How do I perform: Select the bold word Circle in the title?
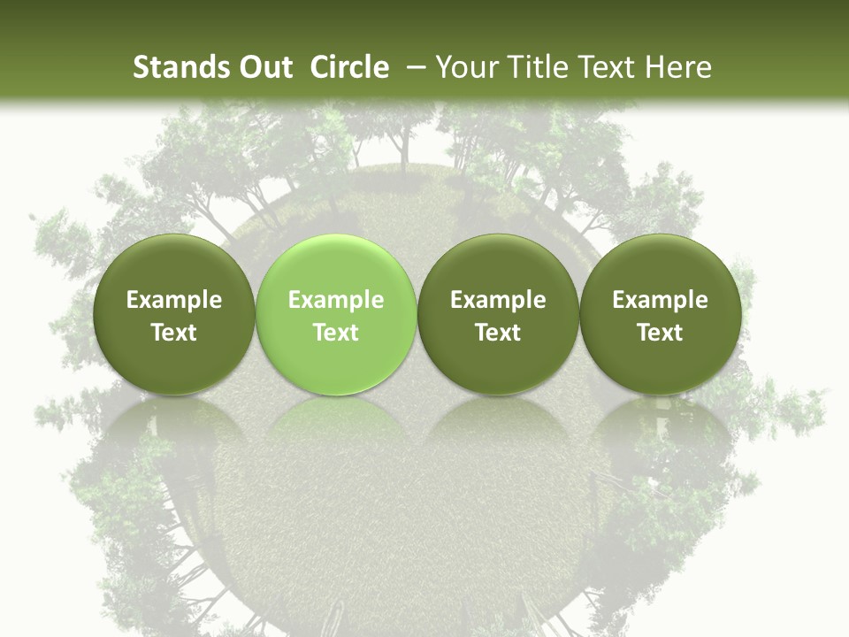(349, 67)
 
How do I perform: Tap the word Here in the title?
(678, 67)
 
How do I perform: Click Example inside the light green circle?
(336, 300)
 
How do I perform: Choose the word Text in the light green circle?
(336, 333)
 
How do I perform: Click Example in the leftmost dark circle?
(174, 300)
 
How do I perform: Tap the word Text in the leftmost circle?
(174, 333)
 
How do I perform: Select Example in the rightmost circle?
(660, 300)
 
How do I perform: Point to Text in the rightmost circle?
(660, 333)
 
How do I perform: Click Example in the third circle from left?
(498, 300)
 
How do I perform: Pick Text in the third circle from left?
(498, 333)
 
